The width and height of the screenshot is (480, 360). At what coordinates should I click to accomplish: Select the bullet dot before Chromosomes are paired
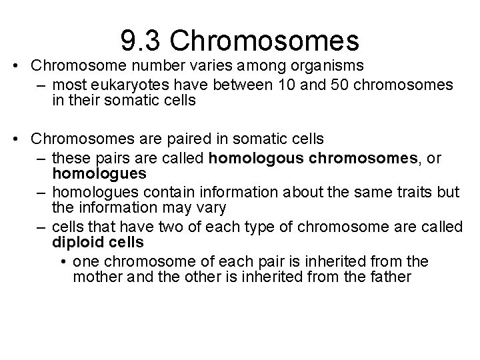point(21,139)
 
